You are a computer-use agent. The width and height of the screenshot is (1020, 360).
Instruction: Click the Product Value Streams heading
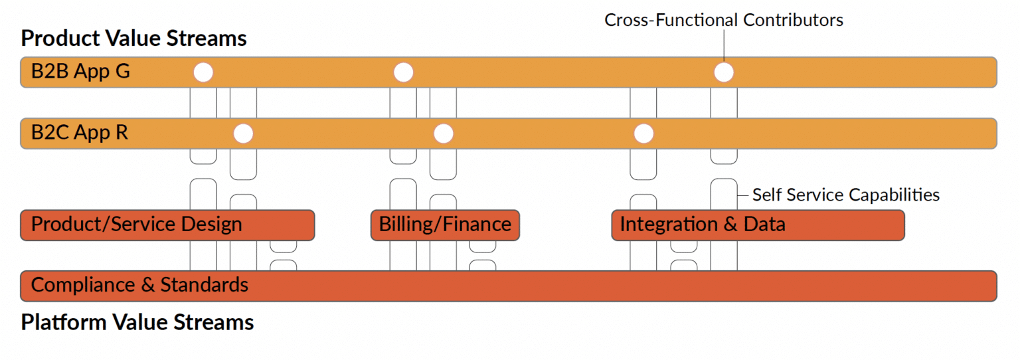pyautogui.click(x=133, y=38)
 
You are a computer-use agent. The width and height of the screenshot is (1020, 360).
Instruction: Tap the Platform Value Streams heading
pyautogui.click(x=137, y=322)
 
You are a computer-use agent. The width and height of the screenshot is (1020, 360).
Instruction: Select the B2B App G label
pyautogui.click(x=80, y=72)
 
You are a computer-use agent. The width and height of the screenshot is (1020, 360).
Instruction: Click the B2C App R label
pyautogui.click(x=79, y=133)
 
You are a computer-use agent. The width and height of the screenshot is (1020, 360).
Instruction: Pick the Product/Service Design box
pyautogui.click(x=167, y=225)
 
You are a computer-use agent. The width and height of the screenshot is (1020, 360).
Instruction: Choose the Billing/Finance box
pyautogui.click(x=445, y=225)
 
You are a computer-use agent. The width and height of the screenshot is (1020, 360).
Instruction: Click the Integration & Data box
pyautogui.click(x=757, y=225)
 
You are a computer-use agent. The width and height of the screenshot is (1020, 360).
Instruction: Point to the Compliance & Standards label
pyautogui.click(x=139, y=285)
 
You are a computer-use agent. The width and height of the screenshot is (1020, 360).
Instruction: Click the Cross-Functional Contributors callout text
pyautogui.click(x=723, y=20)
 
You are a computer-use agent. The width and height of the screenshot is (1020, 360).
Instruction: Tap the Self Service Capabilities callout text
pyautogui.click(x=845, y=195)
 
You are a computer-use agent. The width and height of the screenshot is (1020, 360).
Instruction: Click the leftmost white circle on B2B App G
pyautogui.click(x=203, y=72)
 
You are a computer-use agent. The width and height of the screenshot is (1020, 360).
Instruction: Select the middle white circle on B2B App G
pyautogui.click(x=403, y=72)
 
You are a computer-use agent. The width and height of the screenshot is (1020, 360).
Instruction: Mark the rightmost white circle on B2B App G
pyautogui.click(x=723, y=72)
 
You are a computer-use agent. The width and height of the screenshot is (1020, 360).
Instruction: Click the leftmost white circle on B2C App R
pyautogui.click(x=244, y=134)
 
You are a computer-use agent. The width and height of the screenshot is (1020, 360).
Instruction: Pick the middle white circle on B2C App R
pyautogui.click(x=443, y=134)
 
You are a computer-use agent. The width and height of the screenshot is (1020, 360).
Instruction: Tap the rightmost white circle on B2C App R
pyautogui.click(x=643, y=134)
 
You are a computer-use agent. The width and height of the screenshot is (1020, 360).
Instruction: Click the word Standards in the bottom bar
pyautogui.click(x=204, y=285)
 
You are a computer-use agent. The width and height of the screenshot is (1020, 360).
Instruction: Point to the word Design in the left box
pyautogui.click(x=213, y=225)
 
